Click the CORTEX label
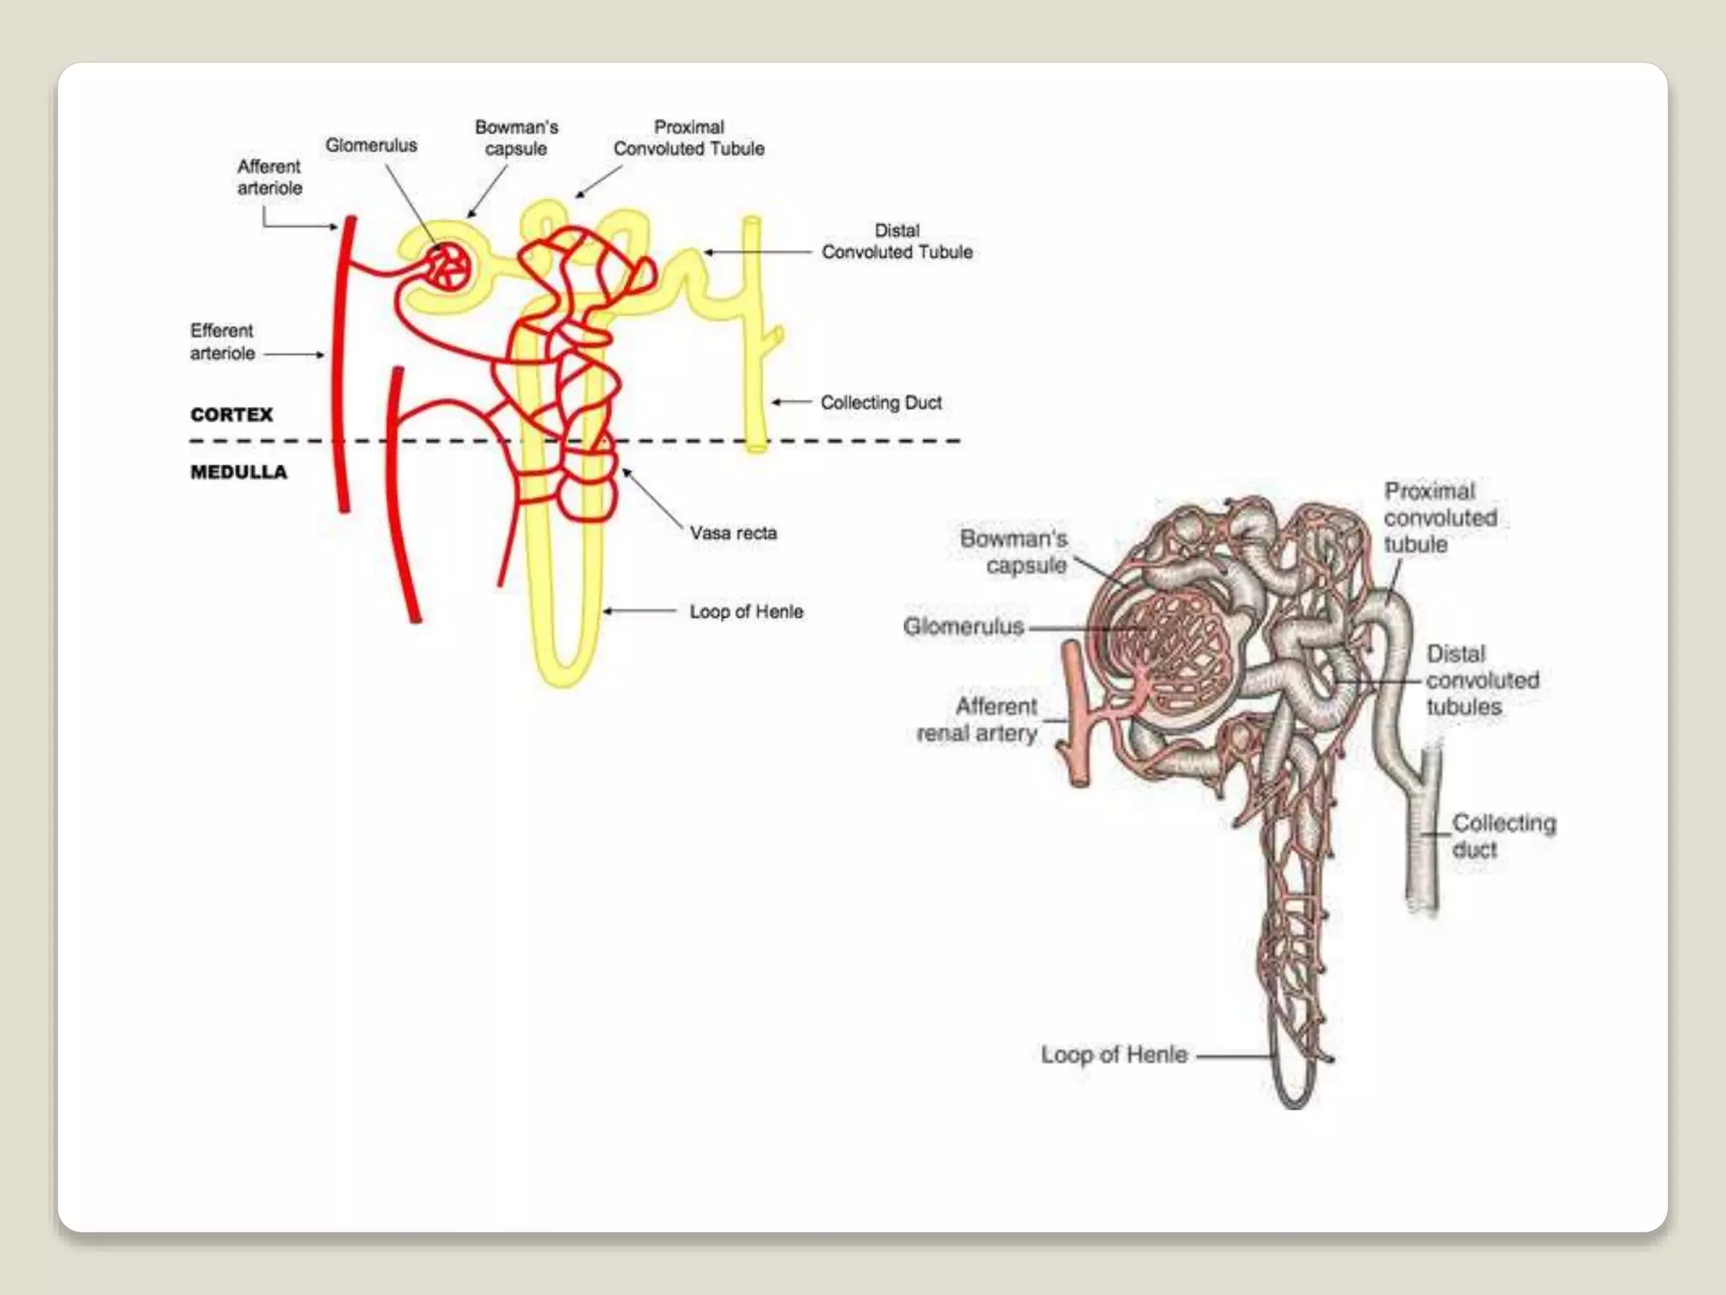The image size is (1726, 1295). click(x=232, y=415)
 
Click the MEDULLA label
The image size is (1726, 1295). click(x=239, y=472)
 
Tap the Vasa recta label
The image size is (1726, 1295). click(x=733, y=533)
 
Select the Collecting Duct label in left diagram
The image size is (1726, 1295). click(x=881, y=403)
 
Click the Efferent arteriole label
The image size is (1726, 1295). click(x=222, y=341)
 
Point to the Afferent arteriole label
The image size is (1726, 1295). click(x=269, y=177)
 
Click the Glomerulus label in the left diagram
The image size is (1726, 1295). click(x=371, y=145)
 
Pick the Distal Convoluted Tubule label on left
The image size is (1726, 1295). click(x=897, y=241)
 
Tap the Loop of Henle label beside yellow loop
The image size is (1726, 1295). click(x=746, y=611)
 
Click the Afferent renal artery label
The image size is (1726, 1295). click(x=978, y=719)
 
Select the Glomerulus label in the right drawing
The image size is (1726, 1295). click(x=963, y=626)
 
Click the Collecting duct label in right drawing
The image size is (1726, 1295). click(x=1504, y=836)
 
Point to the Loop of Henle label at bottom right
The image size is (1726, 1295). click(x=1114, y=1055)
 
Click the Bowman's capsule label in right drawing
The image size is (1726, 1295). click(x=1014, y=551)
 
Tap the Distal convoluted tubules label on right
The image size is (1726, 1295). click(x=1482, y=680)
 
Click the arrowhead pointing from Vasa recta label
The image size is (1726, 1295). click(x=626, y=472)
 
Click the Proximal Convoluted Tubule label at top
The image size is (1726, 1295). click(x=689, y=137)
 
